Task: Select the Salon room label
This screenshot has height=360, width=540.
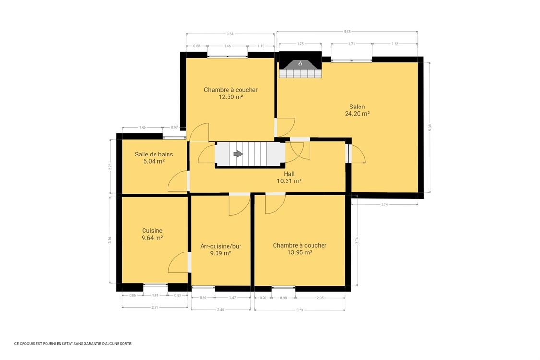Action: click(x=357, y=107)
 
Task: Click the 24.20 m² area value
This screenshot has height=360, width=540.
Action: click(x=357, y=114)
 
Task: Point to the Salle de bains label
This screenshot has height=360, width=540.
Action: click(x=154, y=154)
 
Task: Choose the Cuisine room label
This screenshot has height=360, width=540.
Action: click(x=152, y=230)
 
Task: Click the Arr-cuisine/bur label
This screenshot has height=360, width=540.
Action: click(x=220, y=246)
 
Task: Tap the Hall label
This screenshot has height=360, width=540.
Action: click(x=289, y=174)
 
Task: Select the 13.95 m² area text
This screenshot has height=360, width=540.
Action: click(x=300, y=252)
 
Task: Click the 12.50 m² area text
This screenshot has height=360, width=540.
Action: click(x=230, y=97)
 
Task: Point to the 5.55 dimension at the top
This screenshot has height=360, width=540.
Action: click(x=347, y=32)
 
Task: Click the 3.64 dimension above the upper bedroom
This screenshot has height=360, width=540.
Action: click(x=230, y=34)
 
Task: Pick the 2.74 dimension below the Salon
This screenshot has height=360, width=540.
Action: click(x=384, y=204)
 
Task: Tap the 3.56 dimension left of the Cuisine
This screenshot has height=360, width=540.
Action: click(x=110, y=240)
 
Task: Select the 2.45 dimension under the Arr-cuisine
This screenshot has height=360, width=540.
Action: click(x=220, y=310)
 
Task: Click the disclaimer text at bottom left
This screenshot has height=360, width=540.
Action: click(x=73, y=343)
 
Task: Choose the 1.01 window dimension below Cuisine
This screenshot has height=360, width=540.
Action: click(x=155, y=295)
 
